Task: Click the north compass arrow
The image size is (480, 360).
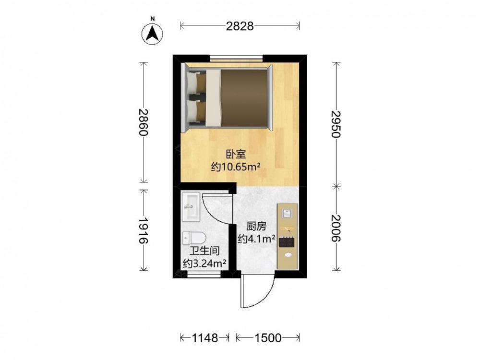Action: pyautogui.click(x=153, y=33)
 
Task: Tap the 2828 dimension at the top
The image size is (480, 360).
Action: pyautogui.click(x=240, y=26)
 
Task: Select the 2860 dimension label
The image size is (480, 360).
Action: pyautogui.click(x=143, y=122)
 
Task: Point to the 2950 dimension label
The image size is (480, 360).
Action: pyautogui.click(x=336, y=124)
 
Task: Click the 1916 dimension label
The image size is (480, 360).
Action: pyautogui.click(x=143, y=230)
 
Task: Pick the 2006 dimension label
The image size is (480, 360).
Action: pyautogui.click(x=336, y=228)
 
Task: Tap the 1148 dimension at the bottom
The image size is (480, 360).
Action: pyautogui.click(x=204, y=338)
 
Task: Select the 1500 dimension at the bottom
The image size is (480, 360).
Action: pyautogui.click(x=268, y=338)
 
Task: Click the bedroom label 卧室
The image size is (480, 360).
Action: pyautogui.click(x=236, y=154)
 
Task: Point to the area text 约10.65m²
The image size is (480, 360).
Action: pyautogui.click(x=236, y=167)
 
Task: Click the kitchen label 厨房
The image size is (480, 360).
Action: pyautogui.click(x=256, y=226)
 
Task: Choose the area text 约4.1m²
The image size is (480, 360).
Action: pyautogui.click(x=256, y=239)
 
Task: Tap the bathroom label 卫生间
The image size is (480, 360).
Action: pyautogui.click(x=204, y=251)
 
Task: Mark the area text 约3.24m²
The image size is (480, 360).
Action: pyautogui.click(x=204, y=263)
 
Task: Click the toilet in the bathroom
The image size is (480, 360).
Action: pyautogui.click(x=194, y=238)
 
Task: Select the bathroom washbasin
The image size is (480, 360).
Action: pyautogui.click(x=191, y=206)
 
